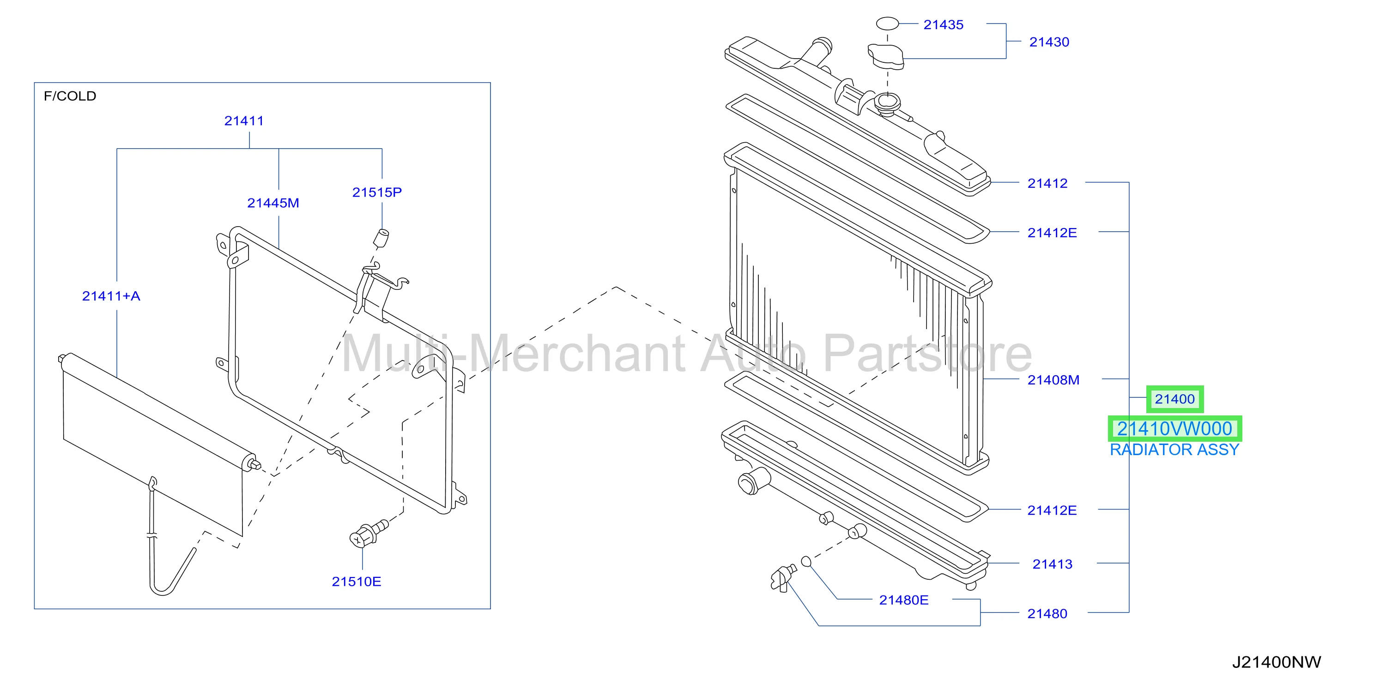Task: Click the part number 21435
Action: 943,25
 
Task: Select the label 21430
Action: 1049,42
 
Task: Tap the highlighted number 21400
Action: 1174,399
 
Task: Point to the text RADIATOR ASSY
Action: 1174,450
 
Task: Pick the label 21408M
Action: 1053,380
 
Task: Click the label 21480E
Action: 903,600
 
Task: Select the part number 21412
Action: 1047,183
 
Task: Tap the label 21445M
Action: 273,203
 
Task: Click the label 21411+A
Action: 111,296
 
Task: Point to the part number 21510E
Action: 356,582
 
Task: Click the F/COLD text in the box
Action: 70,96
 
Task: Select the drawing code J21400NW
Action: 1277,662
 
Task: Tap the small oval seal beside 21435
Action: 888,24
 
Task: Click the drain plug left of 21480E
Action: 783,578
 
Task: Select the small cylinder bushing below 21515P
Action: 381,239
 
